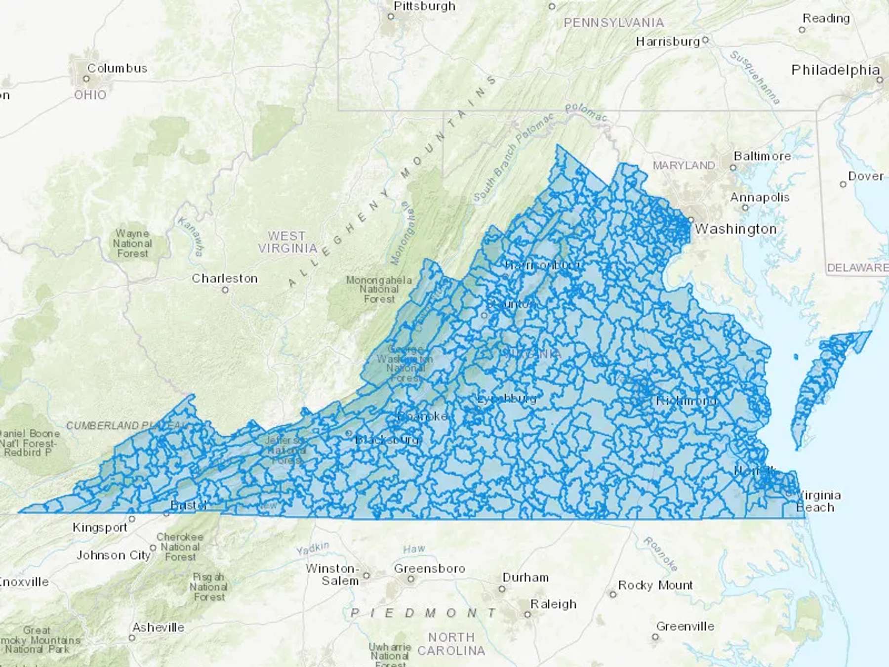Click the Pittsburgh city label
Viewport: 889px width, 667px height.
click(x=424, y=6)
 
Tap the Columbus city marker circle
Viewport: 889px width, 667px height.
click(x=86, y=79)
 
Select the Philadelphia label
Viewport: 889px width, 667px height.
click(x=835, y=70)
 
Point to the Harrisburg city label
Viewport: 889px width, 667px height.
click(x=668, y=42)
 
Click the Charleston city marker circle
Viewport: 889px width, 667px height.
click(x=225, y=290)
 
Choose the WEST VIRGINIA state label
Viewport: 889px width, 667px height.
click(x=287, y=242)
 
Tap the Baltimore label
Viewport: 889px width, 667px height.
click(x=762, y=156)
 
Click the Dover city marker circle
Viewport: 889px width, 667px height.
click(x=843, y=184)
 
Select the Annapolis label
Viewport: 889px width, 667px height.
click(x=760, y=198)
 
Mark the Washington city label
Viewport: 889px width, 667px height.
click(x=735, y=229)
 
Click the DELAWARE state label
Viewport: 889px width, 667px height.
click(x=857, y=268)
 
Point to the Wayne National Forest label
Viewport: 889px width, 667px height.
click(x=132, y=243)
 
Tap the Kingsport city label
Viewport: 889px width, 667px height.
click(x=100, y=528)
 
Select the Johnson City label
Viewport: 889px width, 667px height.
click(x=113, y=555)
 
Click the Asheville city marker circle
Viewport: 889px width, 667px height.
click(x=132, y=638)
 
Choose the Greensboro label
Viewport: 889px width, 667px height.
click(x=429, y=569)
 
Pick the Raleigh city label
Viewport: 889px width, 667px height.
click(x=553, y=604)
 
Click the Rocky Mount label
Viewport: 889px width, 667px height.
click(x=655, y=585)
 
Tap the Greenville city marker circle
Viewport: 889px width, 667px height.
click(x=655, y=637)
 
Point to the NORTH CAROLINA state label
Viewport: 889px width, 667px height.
click(x=451, y=644)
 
